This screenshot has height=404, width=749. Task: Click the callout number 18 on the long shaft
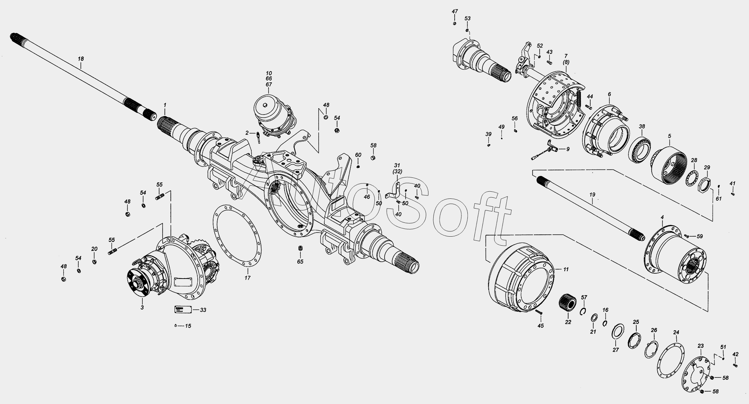81,59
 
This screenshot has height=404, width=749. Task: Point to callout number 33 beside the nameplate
203,310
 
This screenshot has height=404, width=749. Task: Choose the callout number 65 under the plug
300,262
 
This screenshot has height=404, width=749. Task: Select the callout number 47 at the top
455,12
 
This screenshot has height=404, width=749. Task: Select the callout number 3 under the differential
142,307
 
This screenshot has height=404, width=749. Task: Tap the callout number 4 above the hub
662,217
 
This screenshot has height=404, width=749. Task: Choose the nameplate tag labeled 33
183,310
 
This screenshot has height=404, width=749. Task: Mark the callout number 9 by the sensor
568,149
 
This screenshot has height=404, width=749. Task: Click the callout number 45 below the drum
540,326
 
